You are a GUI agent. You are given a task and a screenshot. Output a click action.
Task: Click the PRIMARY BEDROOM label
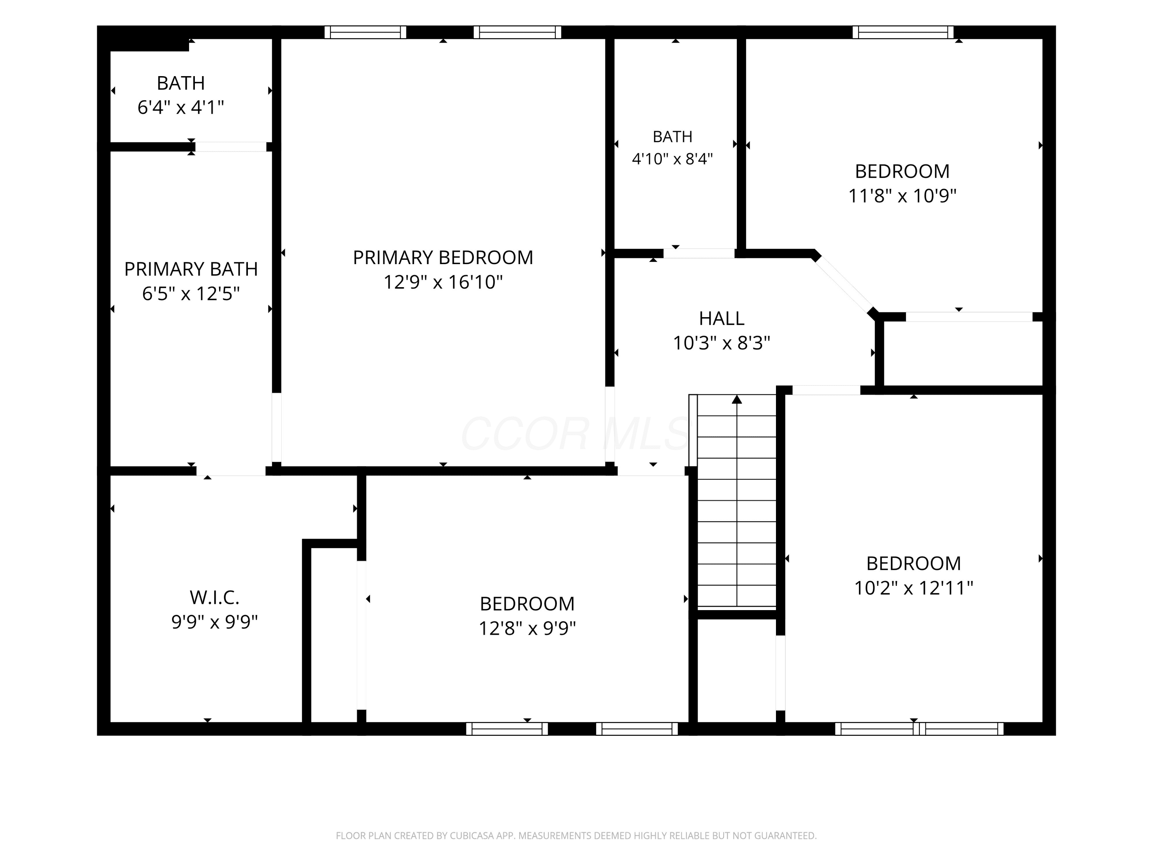(443, 258)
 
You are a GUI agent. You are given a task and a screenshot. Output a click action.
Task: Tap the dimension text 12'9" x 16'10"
(443, 282)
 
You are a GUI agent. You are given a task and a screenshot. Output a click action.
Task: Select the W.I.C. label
(214, 597)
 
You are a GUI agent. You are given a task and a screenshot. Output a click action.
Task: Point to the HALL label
(721, 318)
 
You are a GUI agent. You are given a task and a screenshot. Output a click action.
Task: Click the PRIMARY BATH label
(191, 269)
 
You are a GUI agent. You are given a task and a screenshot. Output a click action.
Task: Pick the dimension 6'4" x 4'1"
(180, 107)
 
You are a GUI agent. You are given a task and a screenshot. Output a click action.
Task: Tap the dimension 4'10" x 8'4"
(673, 158)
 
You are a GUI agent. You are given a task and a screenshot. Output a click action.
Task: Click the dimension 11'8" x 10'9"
(902, 196)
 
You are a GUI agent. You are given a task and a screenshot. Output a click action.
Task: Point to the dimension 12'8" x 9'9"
(527, 628)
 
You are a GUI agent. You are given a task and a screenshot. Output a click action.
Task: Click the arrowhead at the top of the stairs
(736, 399)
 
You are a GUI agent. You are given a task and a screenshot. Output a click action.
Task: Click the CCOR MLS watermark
(576, 434)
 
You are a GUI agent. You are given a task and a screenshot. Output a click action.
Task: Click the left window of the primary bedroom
(366, 32)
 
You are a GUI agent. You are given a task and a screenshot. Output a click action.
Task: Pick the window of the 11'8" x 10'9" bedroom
(903, 32)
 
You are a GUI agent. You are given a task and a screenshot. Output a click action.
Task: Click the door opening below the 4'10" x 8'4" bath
(699, 254)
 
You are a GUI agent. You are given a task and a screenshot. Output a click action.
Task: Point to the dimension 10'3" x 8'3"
(721, 343)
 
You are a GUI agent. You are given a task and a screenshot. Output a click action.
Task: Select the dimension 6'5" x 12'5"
(191, 294)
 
